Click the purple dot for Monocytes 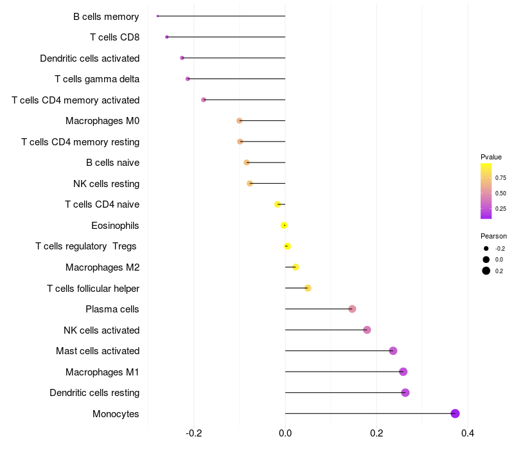coord(455,413)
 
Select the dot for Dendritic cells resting coord(405,393)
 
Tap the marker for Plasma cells coord(352,309)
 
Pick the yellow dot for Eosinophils coord(284,225)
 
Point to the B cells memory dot coord(157,16)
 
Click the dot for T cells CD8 coord(166,37)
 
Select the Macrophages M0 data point coord(240,121)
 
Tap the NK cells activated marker coord(367,330)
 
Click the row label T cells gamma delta coord(97,79)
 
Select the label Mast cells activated coord(98,351)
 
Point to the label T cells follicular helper coord(93,288)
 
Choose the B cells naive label coord(112,163)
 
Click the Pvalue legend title coord(491,157)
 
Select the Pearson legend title coord(493,236)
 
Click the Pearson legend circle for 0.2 coord(486,271)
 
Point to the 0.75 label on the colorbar coord(501,177)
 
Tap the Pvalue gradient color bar coord(486,191)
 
